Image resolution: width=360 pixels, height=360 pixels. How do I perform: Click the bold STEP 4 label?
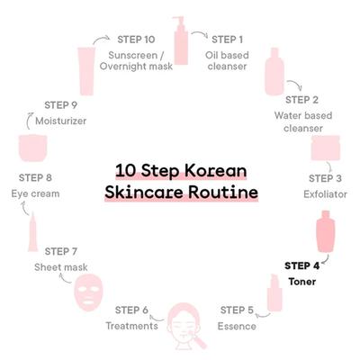click(x=301, y=265)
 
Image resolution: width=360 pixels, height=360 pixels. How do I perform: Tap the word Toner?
click(x=302, y=282)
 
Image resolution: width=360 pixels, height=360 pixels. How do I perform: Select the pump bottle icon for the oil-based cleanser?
click(x=181, y=40)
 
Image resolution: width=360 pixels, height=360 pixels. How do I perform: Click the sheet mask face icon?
click(x=88, y=293)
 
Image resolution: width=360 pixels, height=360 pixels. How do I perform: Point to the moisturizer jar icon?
click(x=33, y=148)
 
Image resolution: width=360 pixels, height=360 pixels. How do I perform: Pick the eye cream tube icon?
click(x=33, y=232)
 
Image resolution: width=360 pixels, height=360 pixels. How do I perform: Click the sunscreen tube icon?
click(x=86, y=71)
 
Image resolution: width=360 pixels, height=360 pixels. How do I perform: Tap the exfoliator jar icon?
click(x=326, y=148)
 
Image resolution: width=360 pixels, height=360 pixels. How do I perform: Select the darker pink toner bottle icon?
click(x=326, y=231)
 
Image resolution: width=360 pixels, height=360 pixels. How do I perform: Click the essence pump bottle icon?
click(x=274, y=292)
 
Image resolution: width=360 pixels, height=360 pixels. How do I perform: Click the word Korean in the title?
click(x=215, y=170)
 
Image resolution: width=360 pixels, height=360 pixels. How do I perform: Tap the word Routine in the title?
click(x=223, y=193)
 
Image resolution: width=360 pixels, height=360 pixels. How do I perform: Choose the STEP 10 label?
click(x=136, y=40)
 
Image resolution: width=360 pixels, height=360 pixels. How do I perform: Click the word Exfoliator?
click(x=325, y=194)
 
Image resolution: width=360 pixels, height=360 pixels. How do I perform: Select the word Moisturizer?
click(x=61, y=121)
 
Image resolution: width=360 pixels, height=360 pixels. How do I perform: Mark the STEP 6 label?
click(x=131, y=310)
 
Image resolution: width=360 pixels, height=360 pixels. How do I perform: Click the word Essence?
click(x=237, y=326)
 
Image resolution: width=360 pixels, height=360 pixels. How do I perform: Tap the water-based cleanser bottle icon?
click(x=274, y=71)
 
